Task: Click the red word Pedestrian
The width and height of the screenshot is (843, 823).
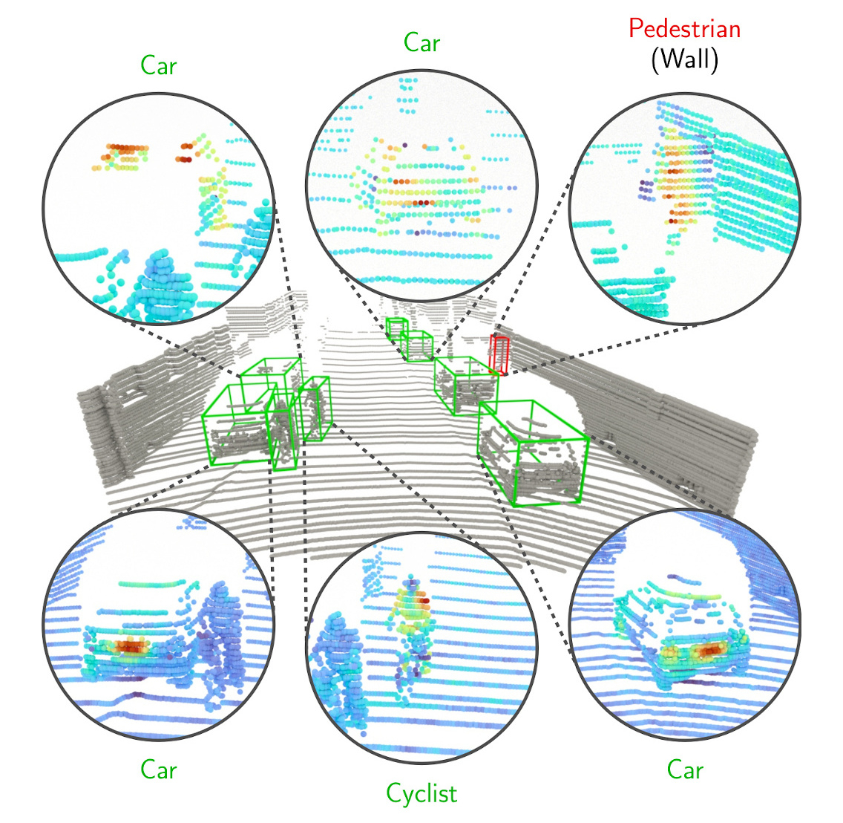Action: pos(684,28)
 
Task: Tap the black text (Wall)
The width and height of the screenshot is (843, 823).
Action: pos(684,59)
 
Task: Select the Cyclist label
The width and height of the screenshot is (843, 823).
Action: pos(421,793)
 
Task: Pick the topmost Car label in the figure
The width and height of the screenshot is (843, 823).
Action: pos(421,42)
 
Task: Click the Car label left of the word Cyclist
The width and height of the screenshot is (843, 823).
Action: pos(159,770)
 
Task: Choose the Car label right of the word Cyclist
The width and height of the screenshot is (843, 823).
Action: pos(684,770)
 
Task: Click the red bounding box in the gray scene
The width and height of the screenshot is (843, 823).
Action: pos(499,354)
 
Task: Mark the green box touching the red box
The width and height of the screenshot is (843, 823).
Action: pos(465,383)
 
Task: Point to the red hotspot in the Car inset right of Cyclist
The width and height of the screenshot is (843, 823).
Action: pos(710,650)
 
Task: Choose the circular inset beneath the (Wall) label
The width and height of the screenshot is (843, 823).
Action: pos(684,208)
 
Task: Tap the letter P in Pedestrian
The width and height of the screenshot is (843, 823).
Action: pos(634,28)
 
